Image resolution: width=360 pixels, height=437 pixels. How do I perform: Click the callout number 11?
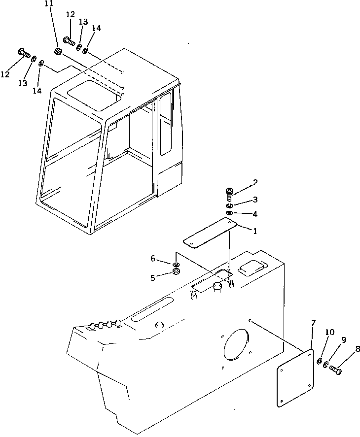(47, 4)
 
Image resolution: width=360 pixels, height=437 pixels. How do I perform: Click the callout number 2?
(255, 183)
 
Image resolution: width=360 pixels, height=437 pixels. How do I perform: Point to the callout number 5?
(153, 277)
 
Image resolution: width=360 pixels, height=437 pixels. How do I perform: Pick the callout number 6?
(153, 258)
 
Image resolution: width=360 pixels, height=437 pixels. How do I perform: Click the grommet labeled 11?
(59, 51)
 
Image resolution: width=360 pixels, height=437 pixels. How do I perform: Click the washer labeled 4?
(230, 213)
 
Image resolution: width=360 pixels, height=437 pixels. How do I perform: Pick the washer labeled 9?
(326, 366)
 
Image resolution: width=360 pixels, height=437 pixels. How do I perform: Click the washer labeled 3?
(230, 205)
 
